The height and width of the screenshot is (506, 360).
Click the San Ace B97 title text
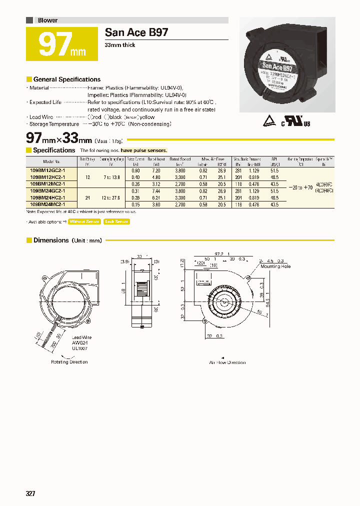136,32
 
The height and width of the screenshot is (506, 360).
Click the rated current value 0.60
135,170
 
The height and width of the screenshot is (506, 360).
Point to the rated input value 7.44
156,191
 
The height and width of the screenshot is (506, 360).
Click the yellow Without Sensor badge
84,221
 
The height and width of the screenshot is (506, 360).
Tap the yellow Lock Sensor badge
116,221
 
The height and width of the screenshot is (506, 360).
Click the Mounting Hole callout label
275,266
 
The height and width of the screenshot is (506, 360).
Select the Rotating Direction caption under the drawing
69,361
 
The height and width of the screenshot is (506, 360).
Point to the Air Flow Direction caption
227,362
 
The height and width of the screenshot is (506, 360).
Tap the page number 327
30,493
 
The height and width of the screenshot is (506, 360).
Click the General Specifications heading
66,79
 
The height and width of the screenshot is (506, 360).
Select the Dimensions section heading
51,240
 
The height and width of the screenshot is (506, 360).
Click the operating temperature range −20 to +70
300,187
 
